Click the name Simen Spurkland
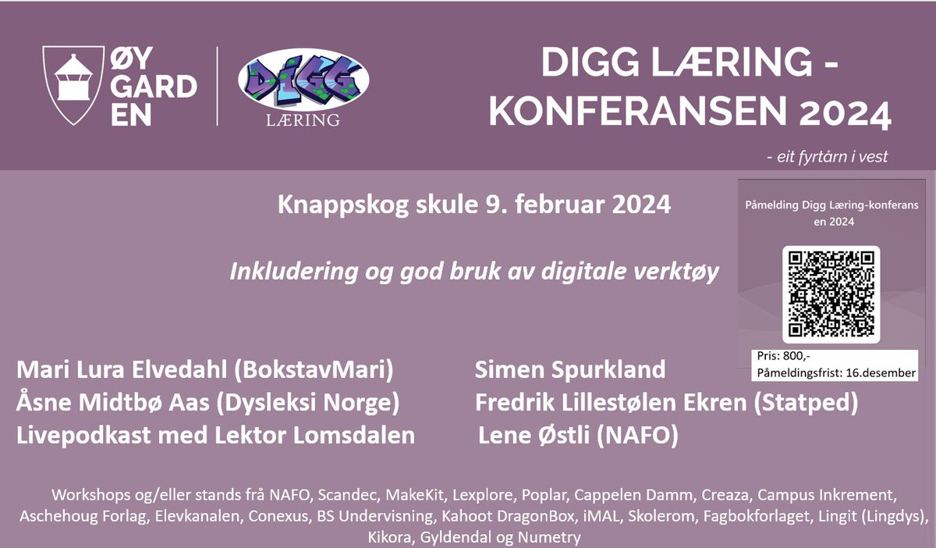(x=570, y=368)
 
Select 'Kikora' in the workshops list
(x=390, y=537)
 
